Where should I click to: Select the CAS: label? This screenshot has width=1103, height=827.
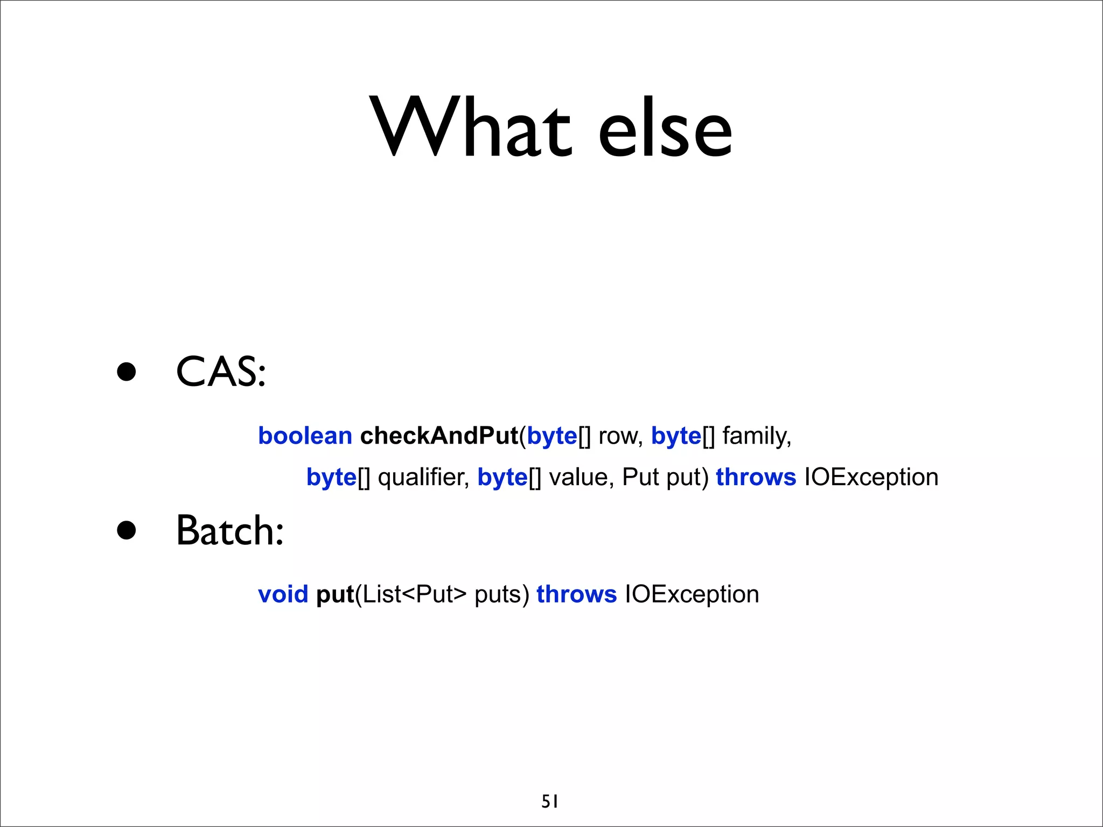point(221,372)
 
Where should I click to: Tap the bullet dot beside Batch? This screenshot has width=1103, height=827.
point(127,530)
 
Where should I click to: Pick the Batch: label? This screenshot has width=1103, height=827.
point(229,531)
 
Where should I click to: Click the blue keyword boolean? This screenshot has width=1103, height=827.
point(305,436)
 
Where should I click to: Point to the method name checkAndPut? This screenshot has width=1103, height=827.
point(438,436)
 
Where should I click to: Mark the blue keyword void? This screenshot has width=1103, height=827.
point(283,594)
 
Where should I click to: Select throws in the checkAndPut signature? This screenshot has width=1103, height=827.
point(756,478)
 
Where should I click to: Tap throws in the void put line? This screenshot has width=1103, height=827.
point(576,594)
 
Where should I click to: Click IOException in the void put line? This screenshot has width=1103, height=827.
point(692,594)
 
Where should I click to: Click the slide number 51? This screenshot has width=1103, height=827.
point(550,802)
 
